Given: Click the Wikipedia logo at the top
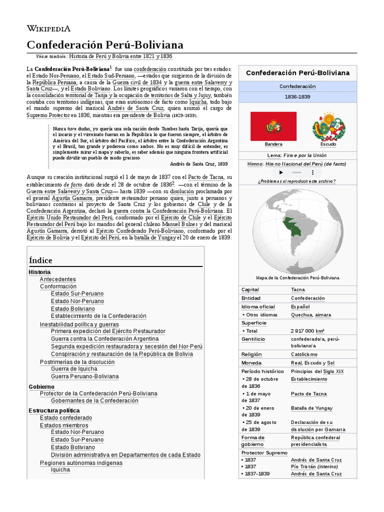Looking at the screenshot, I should pyautogui.click(x=48, y=28).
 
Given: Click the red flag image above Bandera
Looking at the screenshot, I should pyautogui.click(x=273, y=126).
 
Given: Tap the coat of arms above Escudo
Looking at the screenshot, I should pyautogui.click(x=328, y=126).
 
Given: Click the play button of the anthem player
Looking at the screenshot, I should pyautogui.click(x=281, y=172).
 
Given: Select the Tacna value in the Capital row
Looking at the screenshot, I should pyautogui.click(x=298, y=289).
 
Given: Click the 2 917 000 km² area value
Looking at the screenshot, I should pyautogui.click(x=307, y=331).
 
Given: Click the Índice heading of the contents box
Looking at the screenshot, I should pyautogui.click(x=40, y=260).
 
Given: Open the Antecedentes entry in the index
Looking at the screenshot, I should pyautogui.click(x=58, y=279).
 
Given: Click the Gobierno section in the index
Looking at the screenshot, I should pyautogui.click(x=41, y=386).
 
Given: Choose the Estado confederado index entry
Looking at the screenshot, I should pyautogui.click(x=66, y=417).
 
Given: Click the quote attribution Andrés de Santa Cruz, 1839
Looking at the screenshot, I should pyautogui.click(x=199, y=163).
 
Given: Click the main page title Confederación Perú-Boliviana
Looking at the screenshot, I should pyautogui.click(x=105, y=44).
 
